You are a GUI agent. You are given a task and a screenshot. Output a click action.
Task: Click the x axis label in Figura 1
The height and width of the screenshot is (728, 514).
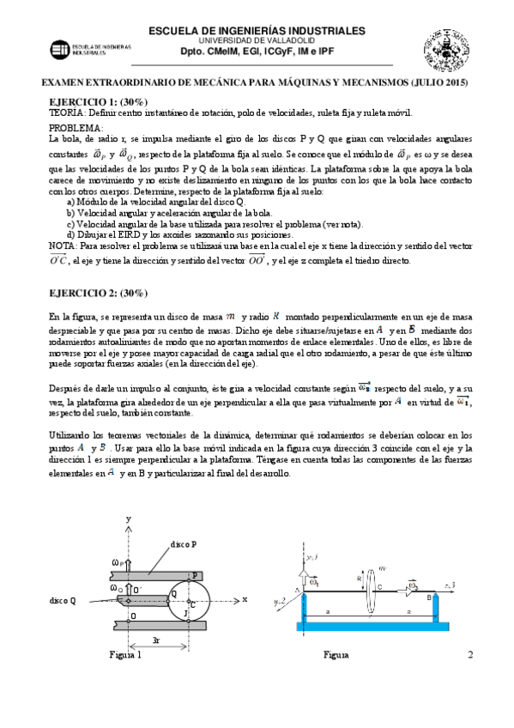[x=245, y=598]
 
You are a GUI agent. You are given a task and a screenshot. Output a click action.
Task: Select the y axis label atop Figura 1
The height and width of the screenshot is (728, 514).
[x=127, y=519]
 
